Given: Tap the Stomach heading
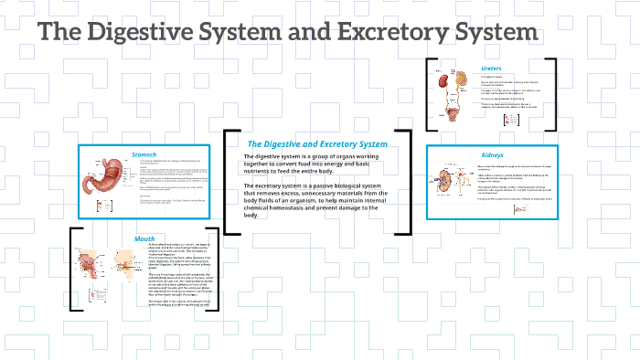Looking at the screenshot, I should (144, 154).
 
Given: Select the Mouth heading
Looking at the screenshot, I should (144, 238).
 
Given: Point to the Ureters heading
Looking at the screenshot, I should (491, 69).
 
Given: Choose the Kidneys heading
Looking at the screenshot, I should (492, 154).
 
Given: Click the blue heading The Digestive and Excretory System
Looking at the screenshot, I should (317, 144).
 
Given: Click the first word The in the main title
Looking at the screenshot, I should (58, 32).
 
